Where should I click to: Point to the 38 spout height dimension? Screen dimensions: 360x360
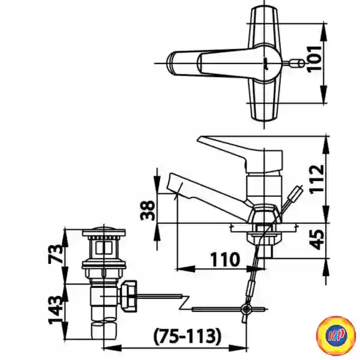(148, 210)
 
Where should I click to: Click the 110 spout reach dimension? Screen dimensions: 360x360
(225, 260)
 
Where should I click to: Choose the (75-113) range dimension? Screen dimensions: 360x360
(187, 337)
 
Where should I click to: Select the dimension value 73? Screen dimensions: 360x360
(56, 254)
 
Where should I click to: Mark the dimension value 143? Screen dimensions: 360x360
(56, 310)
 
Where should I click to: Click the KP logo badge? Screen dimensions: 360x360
(335, 335)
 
